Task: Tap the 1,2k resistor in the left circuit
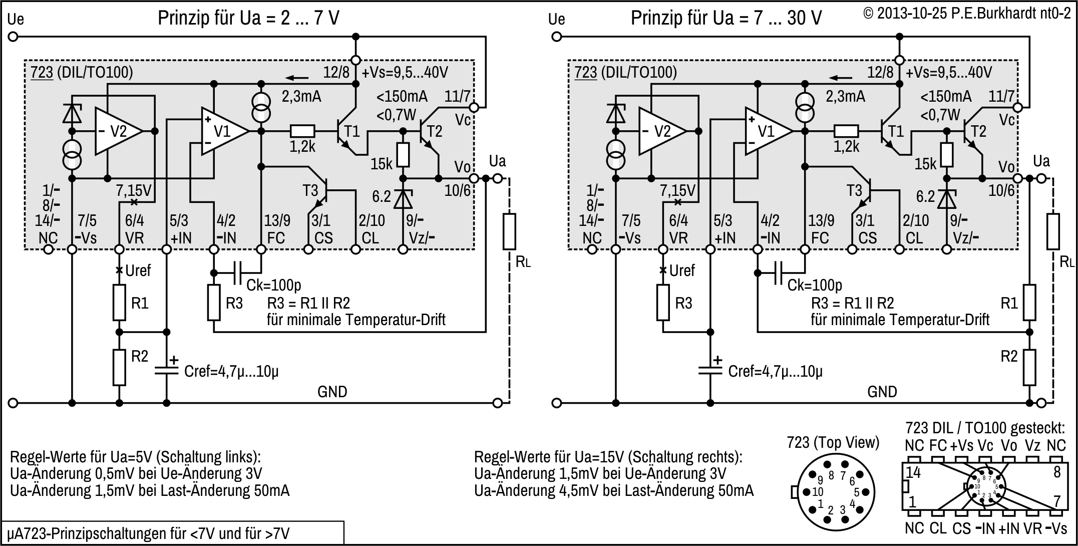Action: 302,131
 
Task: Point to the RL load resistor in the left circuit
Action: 509,231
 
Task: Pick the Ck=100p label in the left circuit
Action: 273,286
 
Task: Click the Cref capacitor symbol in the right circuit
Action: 710,371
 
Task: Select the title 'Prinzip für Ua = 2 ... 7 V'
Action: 248,18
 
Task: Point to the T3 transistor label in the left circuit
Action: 310,191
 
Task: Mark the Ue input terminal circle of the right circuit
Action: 556,37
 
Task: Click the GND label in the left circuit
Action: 332,392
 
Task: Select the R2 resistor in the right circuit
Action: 1029,367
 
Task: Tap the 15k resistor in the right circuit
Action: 946,155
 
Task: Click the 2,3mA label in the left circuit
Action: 301,96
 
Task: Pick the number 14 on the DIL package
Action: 913,472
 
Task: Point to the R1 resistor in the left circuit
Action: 119,303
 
